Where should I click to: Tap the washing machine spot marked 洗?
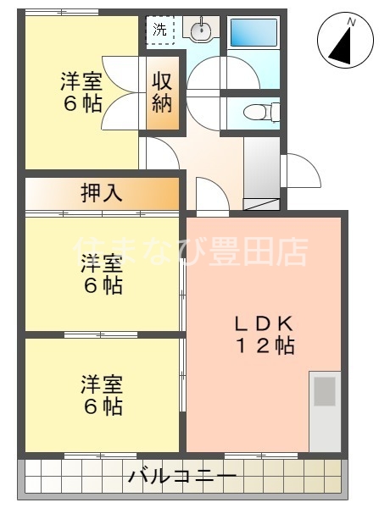[159, 29]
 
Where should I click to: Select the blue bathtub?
[253, 36]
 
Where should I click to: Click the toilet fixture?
[256, 112]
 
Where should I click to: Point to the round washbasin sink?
[200, 31]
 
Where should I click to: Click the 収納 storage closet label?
[164, 93]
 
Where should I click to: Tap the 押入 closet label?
[102, 193]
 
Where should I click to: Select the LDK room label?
[265, 323]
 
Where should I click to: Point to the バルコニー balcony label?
[182, 477]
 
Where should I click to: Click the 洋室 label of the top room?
[81, 82]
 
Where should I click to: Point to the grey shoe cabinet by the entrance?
[261, 169]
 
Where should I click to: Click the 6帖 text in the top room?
[81, 104]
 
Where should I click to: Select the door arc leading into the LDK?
[210, 195]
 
